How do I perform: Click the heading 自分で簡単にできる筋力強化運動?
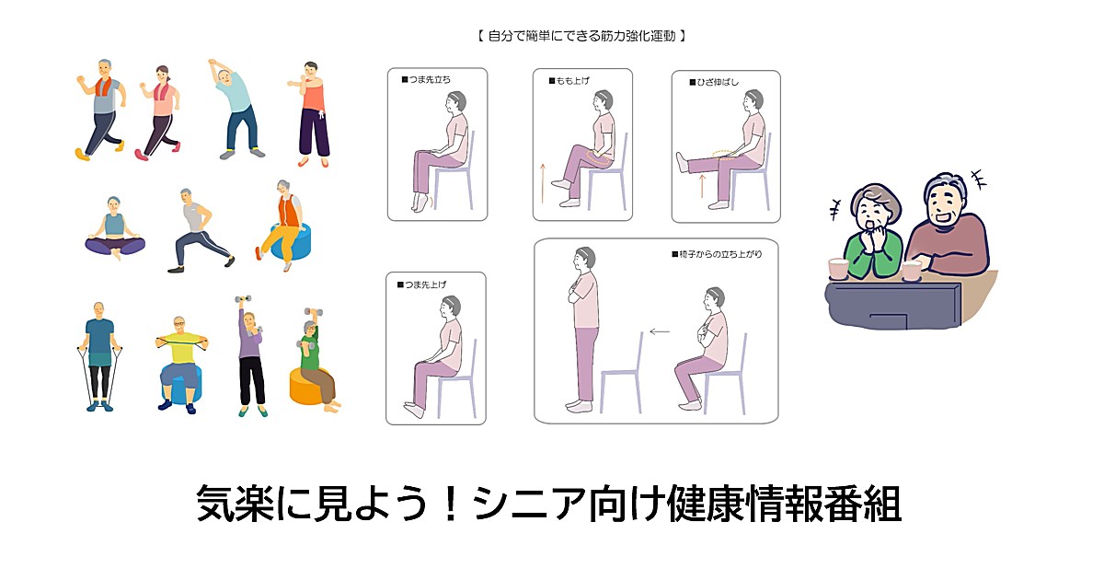tap(581, 36)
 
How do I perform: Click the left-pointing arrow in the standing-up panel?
tap(660, 332)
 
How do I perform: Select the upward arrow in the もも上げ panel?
tap(543, 183)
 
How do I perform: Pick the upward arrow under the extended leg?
tap(702, 186)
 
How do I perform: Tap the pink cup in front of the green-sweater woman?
tap(838, 269)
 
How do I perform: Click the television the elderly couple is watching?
tap(893, 306)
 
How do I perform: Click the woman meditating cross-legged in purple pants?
tap(115, 228)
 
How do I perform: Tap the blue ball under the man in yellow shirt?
tap(181, 388)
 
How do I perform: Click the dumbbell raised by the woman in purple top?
tap(243, 299)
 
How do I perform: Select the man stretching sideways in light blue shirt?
tap(236, 109)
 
